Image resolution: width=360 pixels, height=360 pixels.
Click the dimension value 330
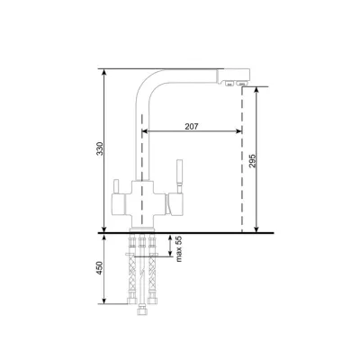(x=101, y=148)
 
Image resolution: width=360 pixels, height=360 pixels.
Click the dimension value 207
(x=192, y=127)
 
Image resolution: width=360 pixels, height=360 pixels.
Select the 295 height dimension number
(x=252, y=161)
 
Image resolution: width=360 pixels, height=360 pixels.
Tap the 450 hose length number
(x=100, y=268)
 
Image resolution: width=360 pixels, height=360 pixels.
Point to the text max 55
(x=179, y=248)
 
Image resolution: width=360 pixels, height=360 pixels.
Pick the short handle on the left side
(x=116, y=186)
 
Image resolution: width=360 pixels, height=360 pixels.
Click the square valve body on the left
(x=118, y=204)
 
